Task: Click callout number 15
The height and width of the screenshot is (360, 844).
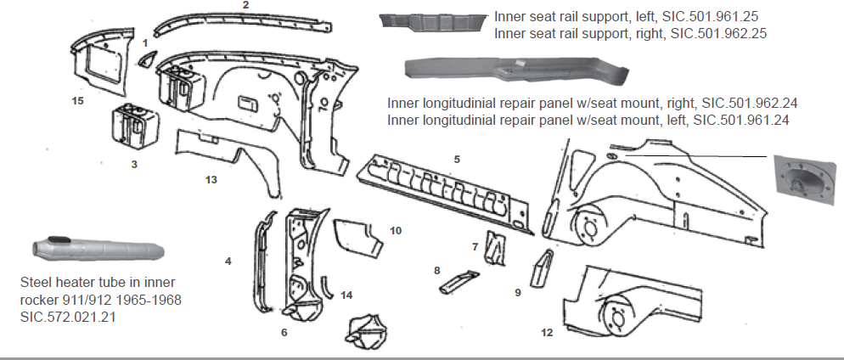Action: coord(78,100)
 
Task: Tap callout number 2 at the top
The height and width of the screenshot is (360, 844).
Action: coord(245,5)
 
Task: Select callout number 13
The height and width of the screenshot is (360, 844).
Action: coord(211,179)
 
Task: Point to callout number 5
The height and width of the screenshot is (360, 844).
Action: coord(457,159)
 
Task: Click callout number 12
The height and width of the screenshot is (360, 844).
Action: coord(546,332)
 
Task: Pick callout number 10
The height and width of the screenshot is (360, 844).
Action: coord(395,230)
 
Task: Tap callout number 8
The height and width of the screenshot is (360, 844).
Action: coord(436,270)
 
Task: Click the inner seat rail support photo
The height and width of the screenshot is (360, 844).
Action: coord(433,20)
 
